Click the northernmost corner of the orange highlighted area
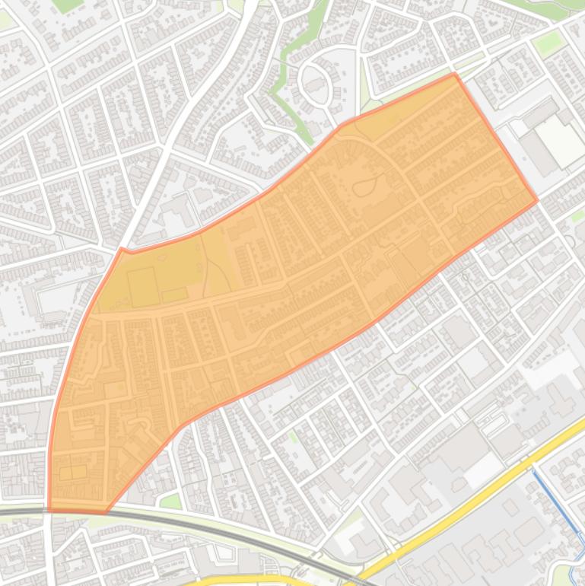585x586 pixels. pyautogui.click(x=455, y=74)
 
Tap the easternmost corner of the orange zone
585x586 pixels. pyautogui.click(x=537, y=201)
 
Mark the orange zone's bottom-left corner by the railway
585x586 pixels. pyautogui.click(x=49, y=508)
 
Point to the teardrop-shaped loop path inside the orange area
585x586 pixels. pyautogui.click(x=367, y=186)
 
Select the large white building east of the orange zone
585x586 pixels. pyautogui.click(x=561, y=142)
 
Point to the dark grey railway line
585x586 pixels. pyautogui.click(x=228, y=533)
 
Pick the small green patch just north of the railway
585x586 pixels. pyautogui.click(x=171, y=502)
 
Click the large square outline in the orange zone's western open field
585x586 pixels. pyautogui.click(x=143, y=286)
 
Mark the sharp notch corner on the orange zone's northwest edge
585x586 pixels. pyautogui.click(x=122, y=248)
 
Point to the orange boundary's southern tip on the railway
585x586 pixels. pyautogui.click(x=105, y=512)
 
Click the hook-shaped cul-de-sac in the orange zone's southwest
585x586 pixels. pyautogui.click(x=141, y=422)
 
